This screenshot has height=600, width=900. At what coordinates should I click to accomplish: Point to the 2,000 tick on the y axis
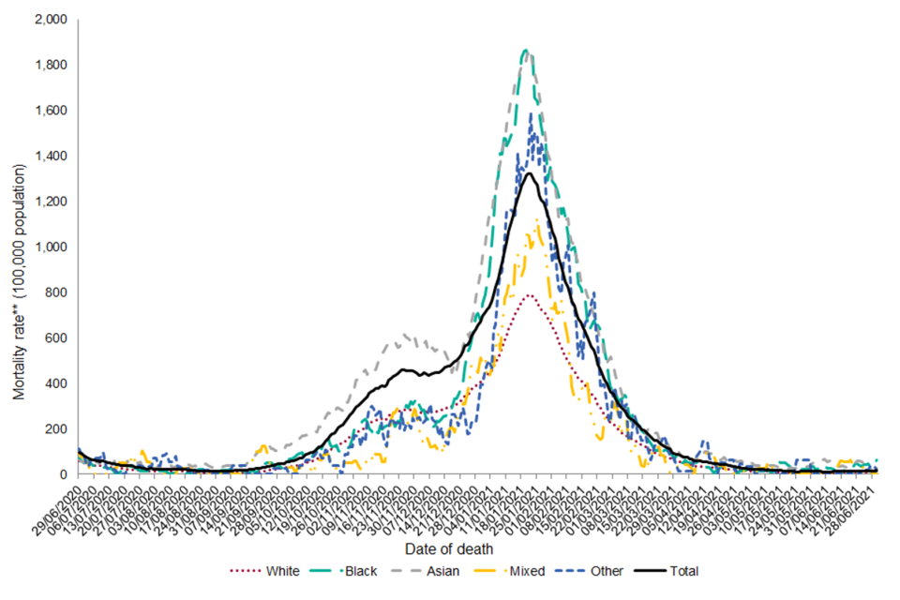click(x=50, y=20)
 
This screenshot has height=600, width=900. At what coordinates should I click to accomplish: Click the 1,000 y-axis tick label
click(x=50, y=247)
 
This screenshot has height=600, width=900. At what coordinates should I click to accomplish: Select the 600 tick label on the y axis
click(x=57, y=338)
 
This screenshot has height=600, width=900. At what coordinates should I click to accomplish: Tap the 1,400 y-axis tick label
click(x=50, y=157)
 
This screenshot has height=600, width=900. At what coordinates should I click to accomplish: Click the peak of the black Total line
click(x=530, y=173)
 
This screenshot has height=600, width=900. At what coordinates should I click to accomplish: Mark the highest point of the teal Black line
click(x=525, y=50)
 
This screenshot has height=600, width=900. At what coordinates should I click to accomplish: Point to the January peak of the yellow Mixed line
click(x=537, y=220)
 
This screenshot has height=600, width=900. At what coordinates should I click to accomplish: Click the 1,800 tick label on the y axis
click(x=50, y=66)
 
